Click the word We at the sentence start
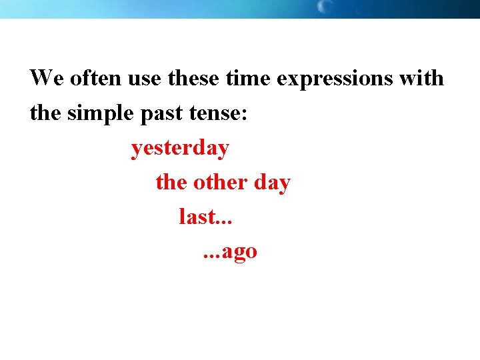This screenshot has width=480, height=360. [x=45, y=78]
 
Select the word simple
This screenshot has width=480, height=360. [x=100, y=114]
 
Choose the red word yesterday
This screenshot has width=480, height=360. [x=180, y=149]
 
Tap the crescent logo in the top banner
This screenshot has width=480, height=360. [x=325, y=7]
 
